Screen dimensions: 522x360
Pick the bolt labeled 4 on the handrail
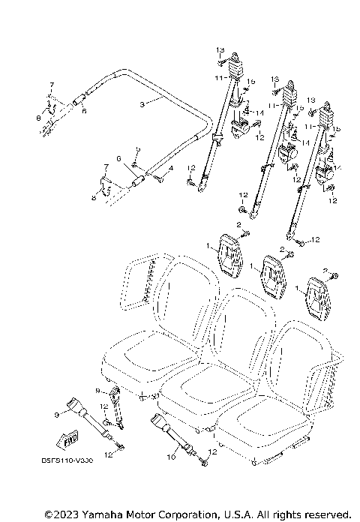point(158,176)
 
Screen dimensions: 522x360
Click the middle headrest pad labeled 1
point(273,274)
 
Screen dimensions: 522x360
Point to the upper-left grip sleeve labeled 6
point(77,99)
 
